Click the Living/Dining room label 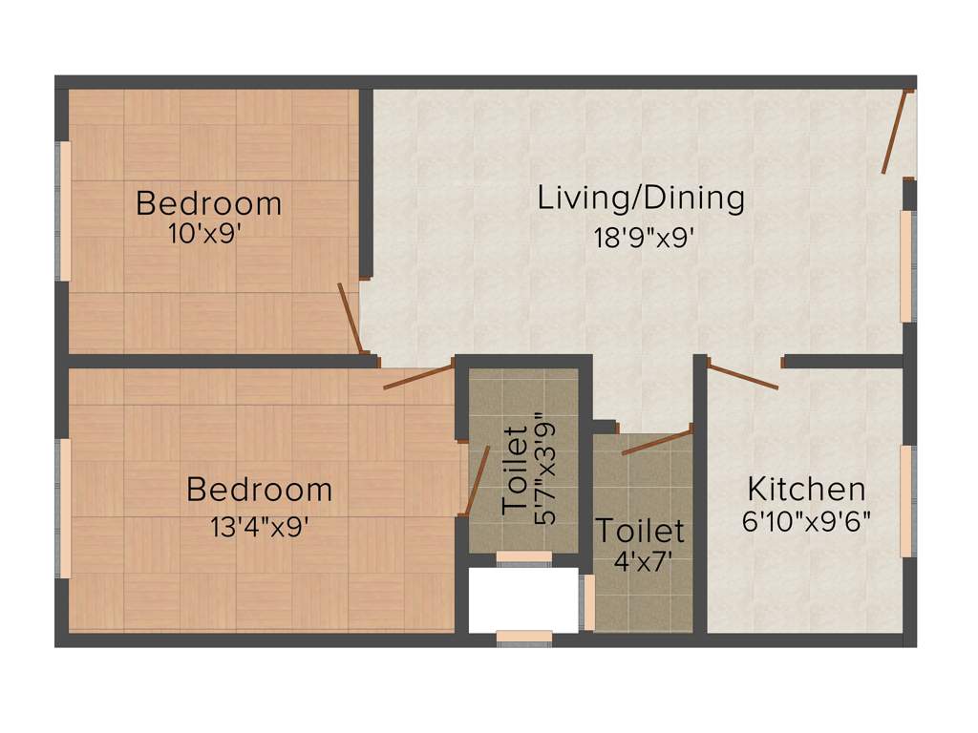tap(640, 199)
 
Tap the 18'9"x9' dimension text tap(643, 237)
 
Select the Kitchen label tap(806, 490)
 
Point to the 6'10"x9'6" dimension tap(805, 523)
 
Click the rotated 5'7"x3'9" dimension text tap(545, 469)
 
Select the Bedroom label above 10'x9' tap(209, 203)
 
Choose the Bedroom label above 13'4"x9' tap(260, 491)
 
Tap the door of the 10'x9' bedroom tap(350, 318)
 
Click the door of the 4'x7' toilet tap(656, 442)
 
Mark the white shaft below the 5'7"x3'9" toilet tap(523, 599)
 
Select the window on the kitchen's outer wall tap(906, 500)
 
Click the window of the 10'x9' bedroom tap(65, 211)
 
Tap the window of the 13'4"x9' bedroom tap(65, 509)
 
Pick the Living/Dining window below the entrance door tap(906, 265)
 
